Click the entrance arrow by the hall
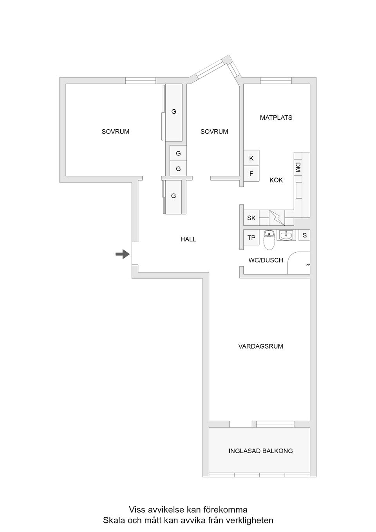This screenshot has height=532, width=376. (123, 254)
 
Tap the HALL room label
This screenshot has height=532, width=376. (188, 239)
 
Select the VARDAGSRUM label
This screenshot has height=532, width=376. (260, 346)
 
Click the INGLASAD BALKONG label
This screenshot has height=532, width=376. (260, 451)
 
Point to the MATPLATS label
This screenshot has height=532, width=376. (276, 118)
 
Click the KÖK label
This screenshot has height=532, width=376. (276, 180)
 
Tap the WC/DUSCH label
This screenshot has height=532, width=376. (266, 260)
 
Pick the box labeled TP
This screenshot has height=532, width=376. (251, 238)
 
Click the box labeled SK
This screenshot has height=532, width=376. (251, 218)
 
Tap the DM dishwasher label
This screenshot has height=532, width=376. (298, 167)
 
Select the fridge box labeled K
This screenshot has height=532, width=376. (251, 158)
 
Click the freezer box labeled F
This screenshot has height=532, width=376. (251, 174)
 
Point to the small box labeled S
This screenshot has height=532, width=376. (305, 235)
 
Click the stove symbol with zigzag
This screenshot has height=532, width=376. (277, 217)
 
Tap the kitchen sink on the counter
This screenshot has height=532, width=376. (299, 190)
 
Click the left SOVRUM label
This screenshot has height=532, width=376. (116, 132)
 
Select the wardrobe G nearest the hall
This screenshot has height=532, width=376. (174, 196)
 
